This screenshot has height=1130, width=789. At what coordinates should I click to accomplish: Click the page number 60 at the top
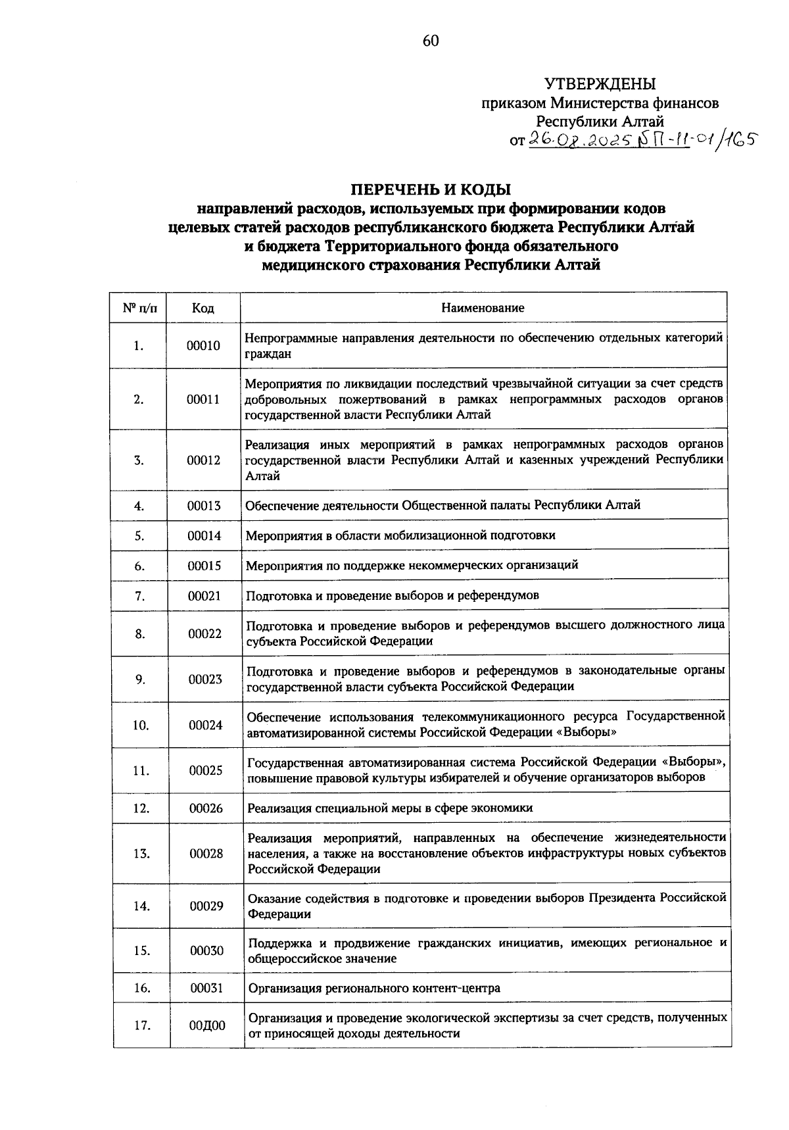(430, 41)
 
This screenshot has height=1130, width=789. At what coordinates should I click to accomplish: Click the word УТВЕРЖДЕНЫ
(600, 84)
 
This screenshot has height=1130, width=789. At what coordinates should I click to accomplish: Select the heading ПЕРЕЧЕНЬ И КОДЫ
(430, 190)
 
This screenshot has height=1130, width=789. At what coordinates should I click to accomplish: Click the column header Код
(203, 308)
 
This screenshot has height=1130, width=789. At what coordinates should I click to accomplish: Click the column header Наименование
(483, 308)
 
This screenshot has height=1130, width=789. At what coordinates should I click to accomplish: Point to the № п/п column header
(137, 308)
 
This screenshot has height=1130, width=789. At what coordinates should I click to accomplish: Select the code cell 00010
(203, 345)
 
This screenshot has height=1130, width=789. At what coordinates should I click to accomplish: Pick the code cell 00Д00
(207, 1025)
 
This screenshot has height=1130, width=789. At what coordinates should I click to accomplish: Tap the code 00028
(206, 854)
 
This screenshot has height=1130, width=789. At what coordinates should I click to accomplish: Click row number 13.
(141, 854)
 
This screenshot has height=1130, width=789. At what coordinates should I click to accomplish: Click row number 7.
(139, 596)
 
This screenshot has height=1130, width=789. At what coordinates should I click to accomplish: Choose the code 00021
(204, 596)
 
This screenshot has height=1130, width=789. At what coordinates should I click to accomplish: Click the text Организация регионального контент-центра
(373, 988)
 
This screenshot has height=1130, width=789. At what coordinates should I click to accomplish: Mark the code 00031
(207, 988)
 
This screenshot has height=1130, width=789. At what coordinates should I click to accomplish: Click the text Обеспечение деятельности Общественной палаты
(388, 505)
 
